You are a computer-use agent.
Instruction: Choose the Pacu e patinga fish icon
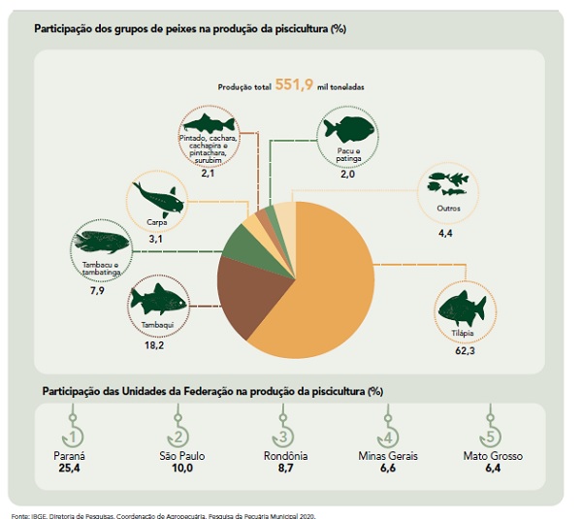point(348,128)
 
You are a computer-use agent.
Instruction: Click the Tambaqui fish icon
point(157,301)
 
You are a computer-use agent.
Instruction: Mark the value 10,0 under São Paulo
point(178,469)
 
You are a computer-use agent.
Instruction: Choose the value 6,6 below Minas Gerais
point(386,469)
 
